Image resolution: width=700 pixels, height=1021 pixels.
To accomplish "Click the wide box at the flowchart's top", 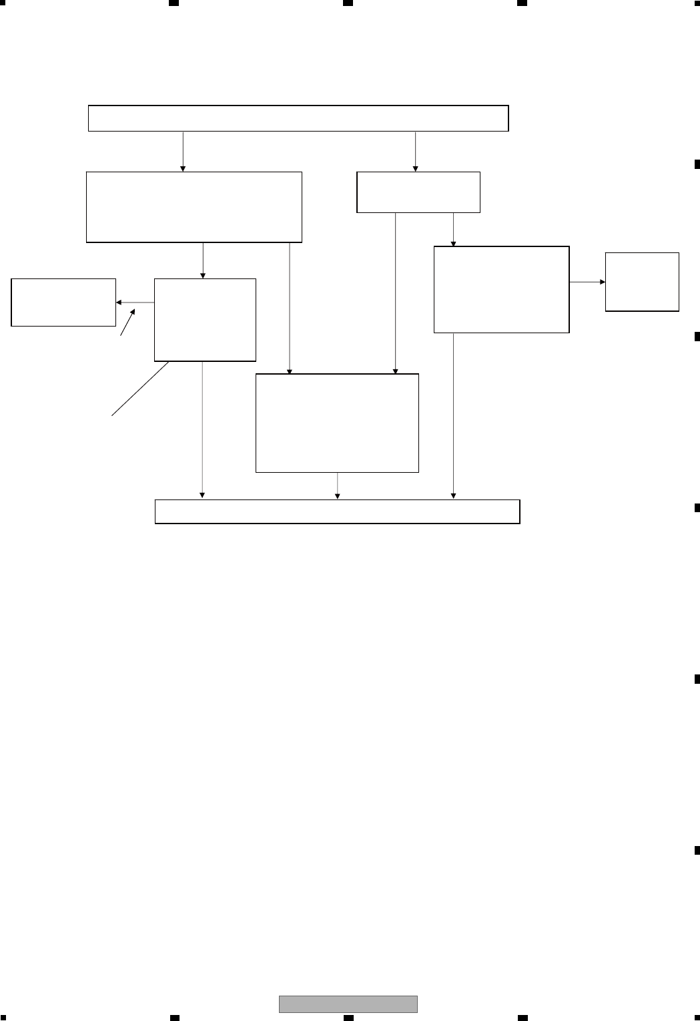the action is pyautogui.click(x=298, y=118).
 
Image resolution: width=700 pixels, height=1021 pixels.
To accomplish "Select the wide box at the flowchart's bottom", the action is pyautogui.click(x=337, y=512).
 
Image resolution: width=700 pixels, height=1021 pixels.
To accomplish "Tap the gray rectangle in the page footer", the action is pyautogui.click(x=348, y=1004).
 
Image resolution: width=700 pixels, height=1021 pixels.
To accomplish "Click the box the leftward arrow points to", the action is pyautogui.click(x=63, y=302).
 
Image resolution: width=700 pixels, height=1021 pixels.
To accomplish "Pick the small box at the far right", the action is pyautogui.click(x=642, y=282).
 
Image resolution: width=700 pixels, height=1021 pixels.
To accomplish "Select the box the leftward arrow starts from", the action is pyautogui.click(x=205, y=320).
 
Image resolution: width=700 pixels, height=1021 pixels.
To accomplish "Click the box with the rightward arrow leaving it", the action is pyautogui.click(x=501, y=289).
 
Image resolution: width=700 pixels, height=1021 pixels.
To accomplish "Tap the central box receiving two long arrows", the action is pyautogui.click(x=337, y=423).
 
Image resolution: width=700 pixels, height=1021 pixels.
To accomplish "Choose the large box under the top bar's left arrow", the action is pyautogui.click(x=194, y=207).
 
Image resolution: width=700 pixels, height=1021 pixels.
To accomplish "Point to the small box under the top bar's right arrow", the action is pyautogui.click(x=418, y=192).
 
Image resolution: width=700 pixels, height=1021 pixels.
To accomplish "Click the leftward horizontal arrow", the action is pyautogui.click(x=135, y=302).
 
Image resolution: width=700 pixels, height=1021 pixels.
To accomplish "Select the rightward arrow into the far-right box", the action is pyautogui.click(x=587, y=282).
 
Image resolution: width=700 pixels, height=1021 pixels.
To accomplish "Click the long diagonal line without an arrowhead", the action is pyautogui.click(x=140, y=389).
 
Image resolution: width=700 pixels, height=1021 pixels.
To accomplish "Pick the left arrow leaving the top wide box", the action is pyautogui.click(x=183, y=152).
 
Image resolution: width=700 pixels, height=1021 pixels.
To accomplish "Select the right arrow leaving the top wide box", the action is pyautogui.click(x=416, y=152).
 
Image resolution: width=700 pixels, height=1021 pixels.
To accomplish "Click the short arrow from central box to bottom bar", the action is pyautogui.click(x=337, y=486).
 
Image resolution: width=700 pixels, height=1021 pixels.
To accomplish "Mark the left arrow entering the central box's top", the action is pyautogui.click(x=289, y=308).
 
